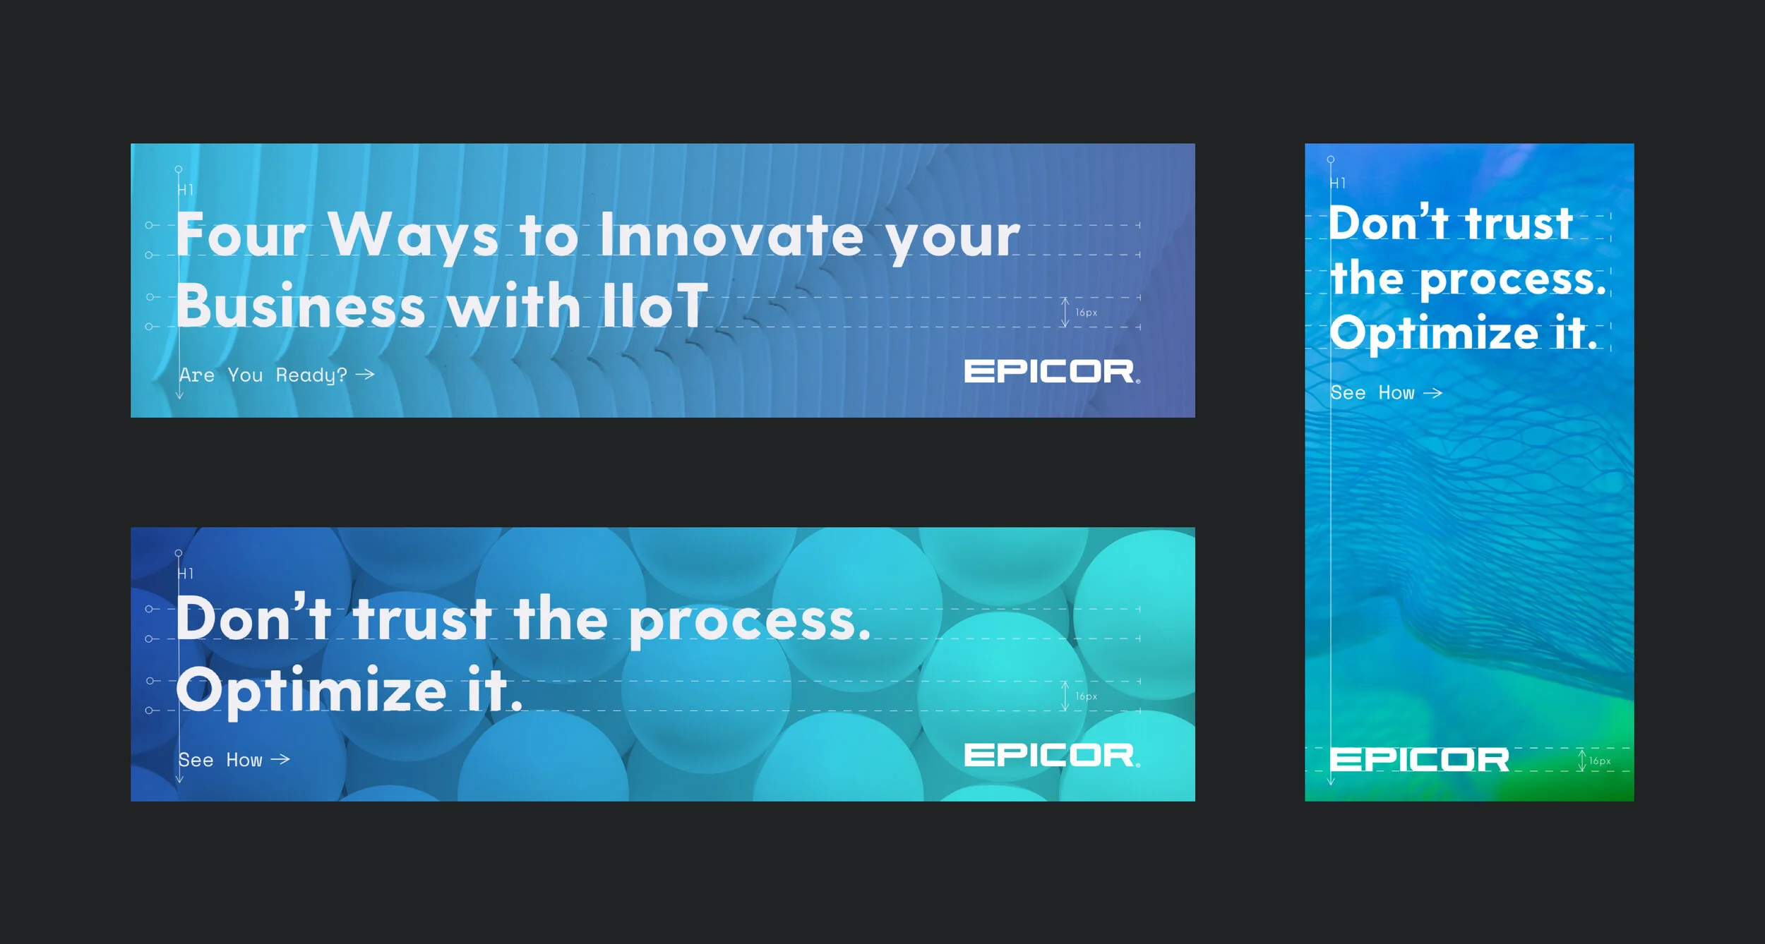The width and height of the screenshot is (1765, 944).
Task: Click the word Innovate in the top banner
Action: [x=731, y=236]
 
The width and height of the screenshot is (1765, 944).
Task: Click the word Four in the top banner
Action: [x=241, y=235]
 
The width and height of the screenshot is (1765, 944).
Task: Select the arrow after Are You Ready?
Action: [x=365, y=374]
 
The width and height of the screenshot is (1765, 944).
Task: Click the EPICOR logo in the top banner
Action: [x=1051, y=372]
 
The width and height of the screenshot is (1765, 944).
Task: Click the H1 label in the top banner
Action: [x=186, y=190]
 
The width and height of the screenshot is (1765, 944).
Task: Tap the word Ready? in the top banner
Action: [x=311, y=375]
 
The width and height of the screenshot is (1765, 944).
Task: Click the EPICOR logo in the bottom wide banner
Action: [x=1051, y=756]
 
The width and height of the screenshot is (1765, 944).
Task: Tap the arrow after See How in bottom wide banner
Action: [x=280, y=759]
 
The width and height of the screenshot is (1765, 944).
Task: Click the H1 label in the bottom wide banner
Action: [x=186, y=574]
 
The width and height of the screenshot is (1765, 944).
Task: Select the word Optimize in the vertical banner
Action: [x=1434, y=333]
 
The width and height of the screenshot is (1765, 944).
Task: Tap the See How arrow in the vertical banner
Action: [x=1432, y=393]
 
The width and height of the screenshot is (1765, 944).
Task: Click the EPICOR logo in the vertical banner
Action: [x=1419, y=760]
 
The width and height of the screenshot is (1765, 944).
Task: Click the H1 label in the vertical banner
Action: [x=1338, y=183]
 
